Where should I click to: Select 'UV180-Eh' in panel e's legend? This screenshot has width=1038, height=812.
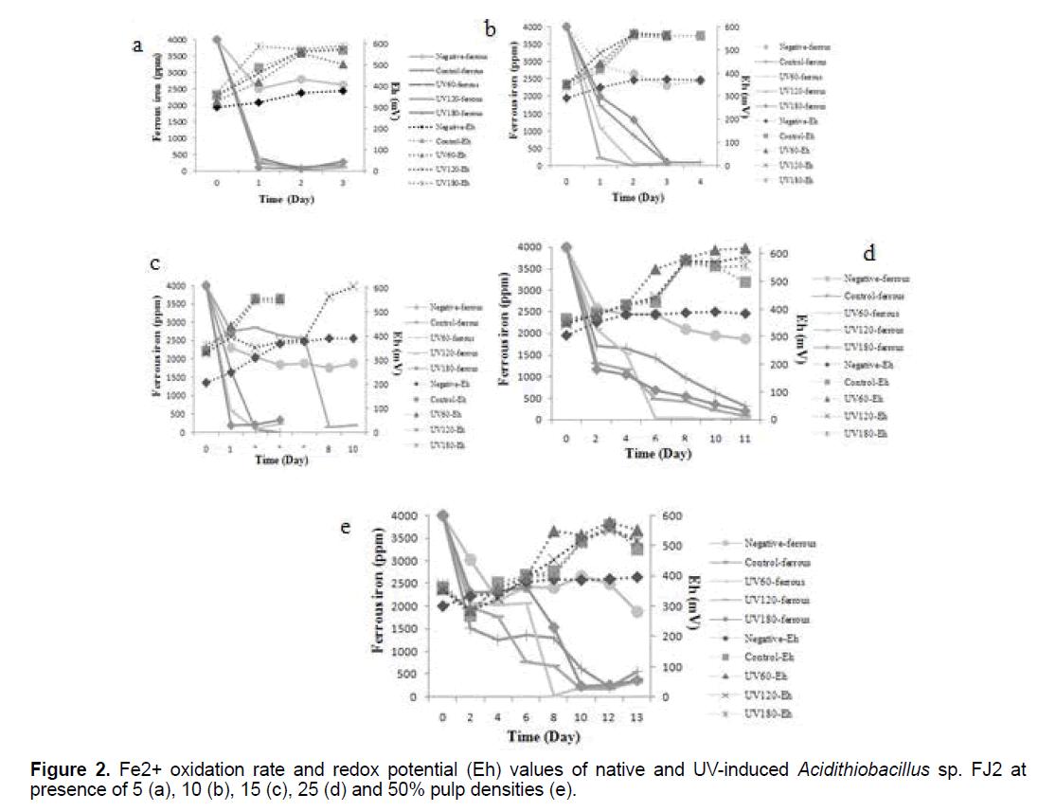pyautogui.click(x=767, y=713)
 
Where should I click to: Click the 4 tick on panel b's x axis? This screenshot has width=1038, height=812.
pyautogui.click(x=699, y=182)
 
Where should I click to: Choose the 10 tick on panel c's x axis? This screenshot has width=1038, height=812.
pyautogui.click(x=353, y=447)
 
